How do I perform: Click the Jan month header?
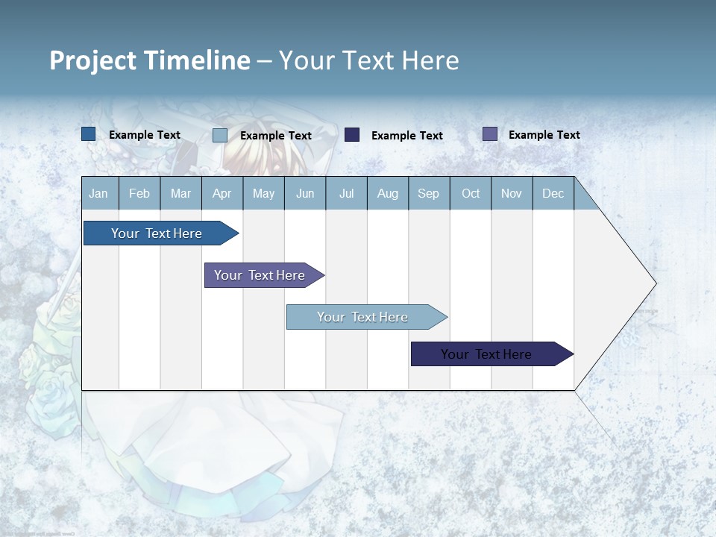[98, 193]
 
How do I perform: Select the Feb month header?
[139, 193]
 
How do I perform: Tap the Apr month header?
[222, 193]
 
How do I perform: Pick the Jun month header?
[305, 193]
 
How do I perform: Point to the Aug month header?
[387, 193]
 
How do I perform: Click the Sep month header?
[428, 193]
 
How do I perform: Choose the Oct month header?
[471, 193]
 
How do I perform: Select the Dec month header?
[553, 193]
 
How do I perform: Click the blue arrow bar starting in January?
[157, 233]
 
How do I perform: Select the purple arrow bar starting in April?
[260, 275]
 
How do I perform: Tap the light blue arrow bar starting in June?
[363, 317]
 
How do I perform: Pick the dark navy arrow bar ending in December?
[487, 354]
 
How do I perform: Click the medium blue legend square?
[89, 134]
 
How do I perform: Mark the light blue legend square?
[220, 135]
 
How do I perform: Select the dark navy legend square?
[352, 135]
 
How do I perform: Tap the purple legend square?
[490, 134]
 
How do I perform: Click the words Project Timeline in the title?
[149, 60]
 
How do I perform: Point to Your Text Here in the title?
[368, 60]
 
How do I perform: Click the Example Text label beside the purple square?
[544, 135]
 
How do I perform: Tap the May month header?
[263, 193]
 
